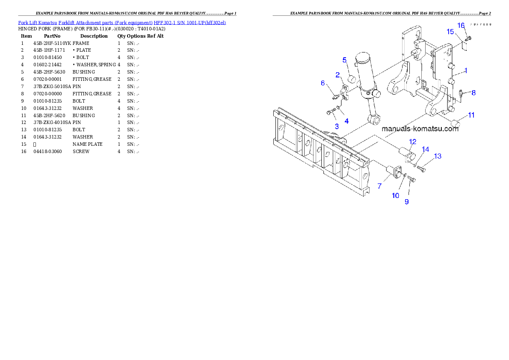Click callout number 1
tap(466, 71)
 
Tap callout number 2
tap(337, 75)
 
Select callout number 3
tap(337, 126)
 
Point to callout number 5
tap(344, 60)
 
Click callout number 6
tap(323, 83)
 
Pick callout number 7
tap(379, 186)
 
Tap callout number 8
tap(473, 92)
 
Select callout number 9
tap(406, 201)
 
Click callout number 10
tap(396, 195)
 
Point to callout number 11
tap(471, 115)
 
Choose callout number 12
tap(413, 141)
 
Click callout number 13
tap(438, 156)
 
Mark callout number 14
tap(425, 149)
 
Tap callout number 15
tap(450, 32)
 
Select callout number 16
tap(461, 25)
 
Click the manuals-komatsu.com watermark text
tap(420, 129)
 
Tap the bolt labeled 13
tap(421, 169)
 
